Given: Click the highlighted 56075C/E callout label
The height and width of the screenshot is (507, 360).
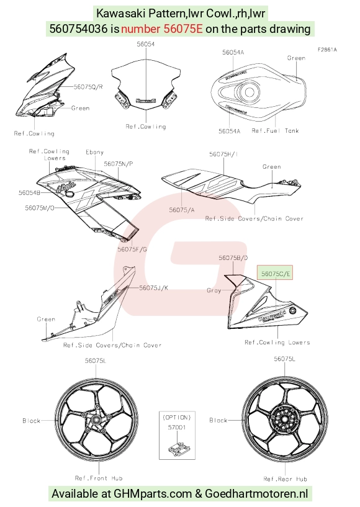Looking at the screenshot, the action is (275, 274).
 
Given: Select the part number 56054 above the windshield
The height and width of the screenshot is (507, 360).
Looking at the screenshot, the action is (146, 44).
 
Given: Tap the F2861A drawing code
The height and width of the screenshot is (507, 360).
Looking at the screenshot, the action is (327, 50).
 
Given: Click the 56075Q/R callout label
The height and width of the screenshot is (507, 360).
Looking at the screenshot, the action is (88, 87).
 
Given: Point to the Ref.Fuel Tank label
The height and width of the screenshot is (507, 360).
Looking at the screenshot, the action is (275, 131).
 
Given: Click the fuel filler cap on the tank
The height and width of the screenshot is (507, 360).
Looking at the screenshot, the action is (249, 92).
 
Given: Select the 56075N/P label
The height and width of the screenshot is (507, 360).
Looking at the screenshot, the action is (119, 164).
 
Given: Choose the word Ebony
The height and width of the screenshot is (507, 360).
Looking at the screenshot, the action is (94, 152).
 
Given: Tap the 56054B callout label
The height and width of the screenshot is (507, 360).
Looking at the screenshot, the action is (29, 193).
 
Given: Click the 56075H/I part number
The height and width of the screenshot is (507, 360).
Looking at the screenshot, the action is (223, 155).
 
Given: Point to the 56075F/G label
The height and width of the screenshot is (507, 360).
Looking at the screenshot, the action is (132, 249).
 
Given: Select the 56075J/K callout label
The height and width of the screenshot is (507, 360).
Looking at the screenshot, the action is (153, 287).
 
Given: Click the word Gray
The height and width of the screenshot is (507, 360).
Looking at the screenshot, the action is (214, 290).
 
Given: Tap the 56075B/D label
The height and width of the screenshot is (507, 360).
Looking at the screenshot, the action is (233, 258).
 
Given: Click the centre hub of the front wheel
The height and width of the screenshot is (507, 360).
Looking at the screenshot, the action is (96, 420).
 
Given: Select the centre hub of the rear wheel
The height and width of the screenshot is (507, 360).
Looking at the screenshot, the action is (284, 420).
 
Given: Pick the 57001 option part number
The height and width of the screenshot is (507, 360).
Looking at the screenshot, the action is (177, 428).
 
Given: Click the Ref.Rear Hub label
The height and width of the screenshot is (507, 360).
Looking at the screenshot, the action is (285, 479).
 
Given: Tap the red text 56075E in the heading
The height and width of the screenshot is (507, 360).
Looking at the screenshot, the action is (183, 29).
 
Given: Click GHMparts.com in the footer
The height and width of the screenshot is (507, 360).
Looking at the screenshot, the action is (153, 494).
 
